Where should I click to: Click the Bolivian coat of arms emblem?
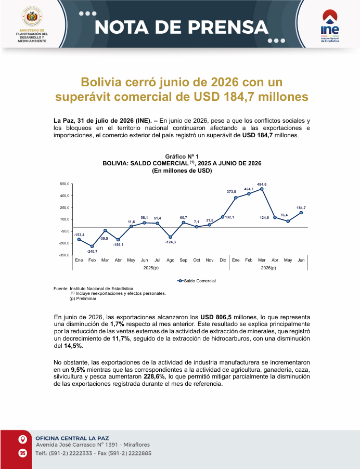tap(32, 17)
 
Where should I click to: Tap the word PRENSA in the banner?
tap(228, 27)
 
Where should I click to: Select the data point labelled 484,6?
tap(262, 189)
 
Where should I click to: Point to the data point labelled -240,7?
tap(92, 246)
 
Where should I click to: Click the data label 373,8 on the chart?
tap(232, 192)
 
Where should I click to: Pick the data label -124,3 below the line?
tap(171, 242)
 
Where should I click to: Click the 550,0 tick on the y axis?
tap(65, 184)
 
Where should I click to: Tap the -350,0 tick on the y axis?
tap(64, 255)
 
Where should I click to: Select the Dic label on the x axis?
tap(223, 260)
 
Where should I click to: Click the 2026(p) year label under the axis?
tap(268, 268)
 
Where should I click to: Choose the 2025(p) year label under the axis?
tap(151, 268)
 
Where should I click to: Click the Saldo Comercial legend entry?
tap(197, 281)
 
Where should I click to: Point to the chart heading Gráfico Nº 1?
tap(182, 157)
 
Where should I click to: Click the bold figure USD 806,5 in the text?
tap(216, 317)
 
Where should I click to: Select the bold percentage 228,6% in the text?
tap(154, 376)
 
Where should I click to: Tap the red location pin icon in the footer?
tap(23, 439)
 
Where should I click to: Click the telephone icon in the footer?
tap(23, 453)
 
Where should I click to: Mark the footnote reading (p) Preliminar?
tap(83, 298)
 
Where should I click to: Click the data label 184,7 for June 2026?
tap(301, 208)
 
